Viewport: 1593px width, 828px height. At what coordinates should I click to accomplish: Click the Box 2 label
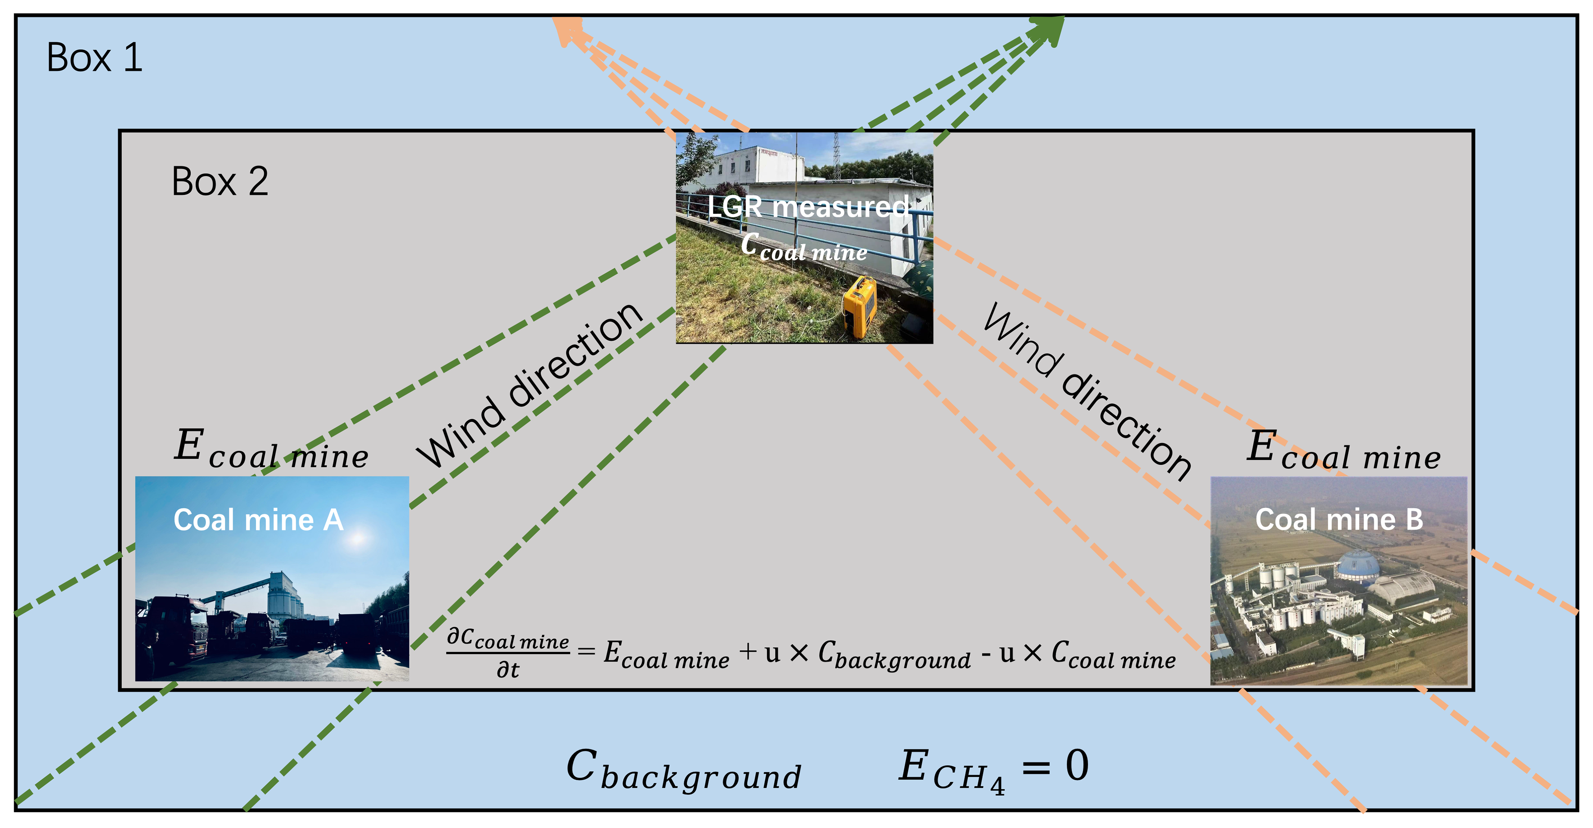click(220, 182)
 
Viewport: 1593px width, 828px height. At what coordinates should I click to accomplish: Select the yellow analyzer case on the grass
click(860, 307)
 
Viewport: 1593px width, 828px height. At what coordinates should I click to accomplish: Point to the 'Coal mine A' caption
click(258, 520)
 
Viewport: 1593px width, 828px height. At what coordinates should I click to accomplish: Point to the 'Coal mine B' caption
click(1339, 520)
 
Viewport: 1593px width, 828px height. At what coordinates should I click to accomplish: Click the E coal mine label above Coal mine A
click(271, 449)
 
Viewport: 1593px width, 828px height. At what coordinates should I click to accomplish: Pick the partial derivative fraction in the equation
click(508, 653)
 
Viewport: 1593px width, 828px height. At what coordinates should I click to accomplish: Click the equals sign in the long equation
click(586, 651)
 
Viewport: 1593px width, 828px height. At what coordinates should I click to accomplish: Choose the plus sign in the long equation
click(748, 651)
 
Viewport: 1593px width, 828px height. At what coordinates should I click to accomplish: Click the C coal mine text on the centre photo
click(804, 247)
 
